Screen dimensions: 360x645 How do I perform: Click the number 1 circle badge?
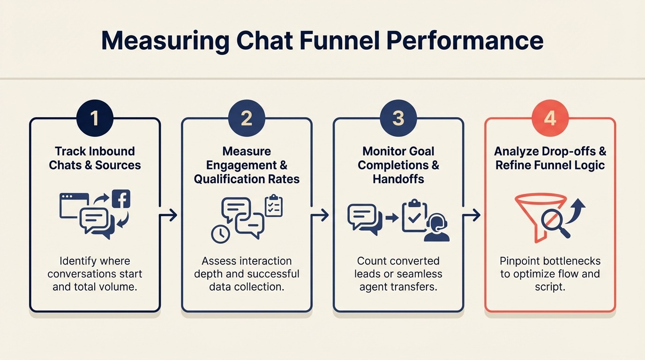pos(95,118)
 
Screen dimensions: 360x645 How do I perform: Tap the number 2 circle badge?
pos(247,118)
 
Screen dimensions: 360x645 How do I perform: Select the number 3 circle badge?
pos(398,118)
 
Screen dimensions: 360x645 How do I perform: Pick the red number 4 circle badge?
pos(550,118)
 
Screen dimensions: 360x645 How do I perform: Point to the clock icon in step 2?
pos(220,234)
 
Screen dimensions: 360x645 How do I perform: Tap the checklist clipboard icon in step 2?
pos(273,206)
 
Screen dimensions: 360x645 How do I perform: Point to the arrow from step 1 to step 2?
pos(169,215)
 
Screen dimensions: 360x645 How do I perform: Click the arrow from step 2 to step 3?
pos(320,215)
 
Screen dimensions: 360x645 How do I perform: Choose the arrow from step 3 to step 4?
pos(472,215)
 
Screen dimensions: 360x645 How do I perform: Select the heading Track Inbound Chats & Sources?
pos(95,158)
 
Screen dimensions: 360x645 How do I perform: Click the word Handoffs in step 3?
pos(398,179)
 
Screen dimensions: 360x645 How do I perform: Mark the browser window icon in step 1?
pos(74,205)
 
